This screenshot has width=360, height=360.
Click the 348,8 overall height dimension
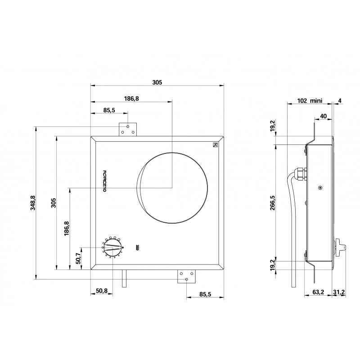point(33,203)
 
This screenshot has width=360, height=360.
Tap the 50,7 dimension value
point(78,258)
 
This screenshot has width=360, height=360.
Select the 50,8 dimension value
point(102,291)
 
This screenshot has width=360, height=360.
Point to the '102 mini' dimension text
point(310,100)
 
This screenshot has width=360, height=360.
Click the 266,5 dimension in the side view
point(273,203)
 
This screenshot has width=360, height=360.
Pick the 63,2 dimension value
point(318,292)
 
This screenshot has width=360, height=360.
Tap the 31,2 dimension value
point(339,292)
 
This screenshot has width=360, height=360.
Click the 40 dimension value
point(323,116)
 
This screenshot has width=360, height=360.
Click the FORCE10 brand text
point(104,181)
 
